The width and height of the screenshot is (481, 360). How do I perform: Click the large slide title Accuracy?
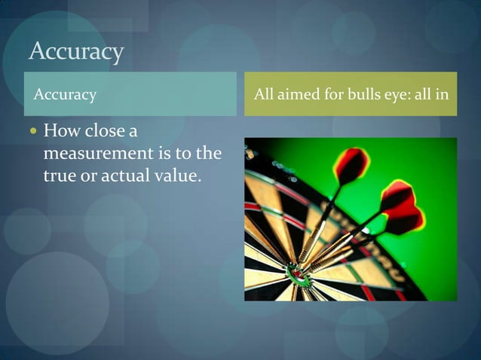pyautogui.click(x=75, y=51)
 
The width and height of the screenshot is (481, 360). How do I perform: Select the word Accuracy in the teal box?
pyautogui.click(x=66, y=95)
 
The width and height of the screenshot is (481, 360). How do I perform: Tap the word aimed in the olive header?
pyautogui.click(x=300, y=95)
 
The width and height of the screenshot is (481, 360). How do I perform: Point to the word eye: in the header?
pyautogui.click(x=400, y=96)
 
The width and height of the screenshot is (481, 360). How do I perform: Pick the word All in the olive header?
pyautogui.click(x=264, y=95)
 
